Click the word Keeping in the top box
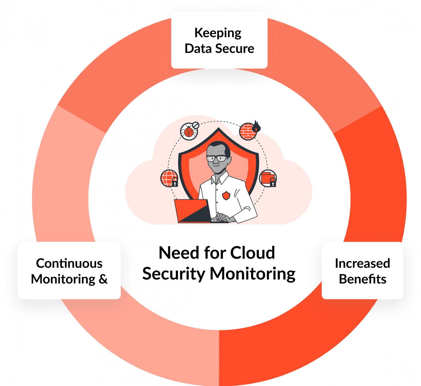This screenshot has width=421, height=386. point(218,33)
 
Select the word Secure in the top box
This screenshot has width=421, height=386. point(235,49)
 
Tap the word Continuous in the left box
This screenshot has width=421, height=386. point(69,264)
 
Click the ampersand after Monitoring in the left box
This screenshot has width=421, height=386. point(103,279)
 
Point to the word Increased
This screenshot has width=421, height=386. point(362,264)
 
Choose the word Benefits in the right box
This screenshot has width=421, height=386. point(362,279)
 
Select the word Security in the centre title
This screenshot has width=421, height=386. point(174,274)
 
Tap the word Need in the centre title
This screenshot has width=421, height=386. point(179,253)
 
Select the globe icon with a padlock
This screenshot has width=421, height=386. point(169,178)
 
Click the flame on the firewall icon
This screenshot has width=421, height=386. point(257,126)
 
